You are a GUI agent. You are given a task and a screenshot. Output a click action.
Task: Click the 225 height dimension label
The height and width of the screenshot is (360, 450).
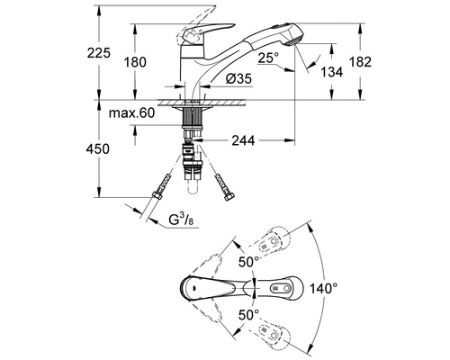click(x=99, y=53)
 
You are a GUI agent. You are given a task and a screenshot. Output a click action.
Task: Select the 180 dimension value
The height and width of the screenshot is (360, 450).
click(x=135, y=62)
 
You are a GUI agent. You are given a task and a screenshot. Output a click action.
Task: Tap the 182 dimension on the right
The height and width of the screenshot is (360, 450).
click(x=360, y=62)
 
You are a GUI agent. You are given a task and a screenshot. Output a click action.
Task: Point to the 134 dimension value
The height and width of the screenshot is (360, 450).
click(x=331, y=72)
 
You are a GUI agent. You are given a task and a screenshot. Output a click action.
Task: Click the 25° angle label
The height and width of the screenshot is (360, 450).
click(x=268, y=58)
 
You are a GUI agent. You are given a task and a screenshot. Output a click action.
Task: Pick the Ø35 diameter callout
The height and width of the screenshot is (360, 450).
click(x=239, y=79)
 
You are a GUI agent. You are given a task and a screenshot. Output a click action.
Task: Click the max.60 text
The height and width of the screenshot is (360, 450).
click(x=131, y=113)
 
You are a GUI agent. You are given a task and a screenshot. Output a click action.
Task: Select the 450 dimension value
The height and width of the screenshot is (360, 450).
click(x=98, y=149)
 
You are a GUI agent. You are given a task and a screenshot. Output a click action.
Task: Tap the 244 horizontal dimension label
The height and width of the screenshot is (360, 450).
click(x=243, y=140)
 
